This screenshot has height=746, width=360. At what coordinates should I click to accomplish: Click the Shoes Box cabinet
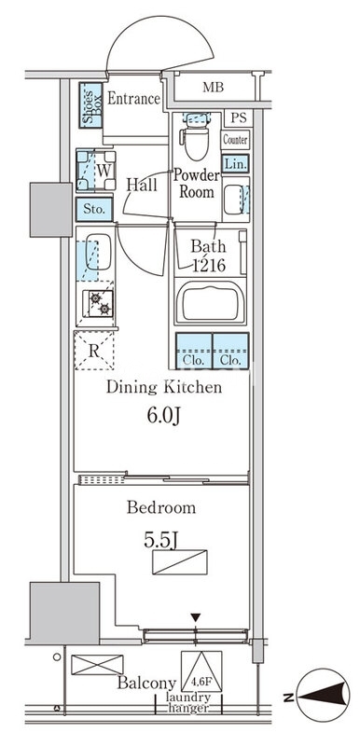point(90,105)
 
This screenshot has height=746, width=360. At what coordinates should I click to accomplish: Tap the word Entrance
point(133,99)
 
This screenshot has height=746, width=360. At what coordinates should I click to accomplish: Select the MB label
point(213,87)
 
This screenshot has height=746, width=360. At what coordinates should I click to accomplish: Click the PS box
point(238,118)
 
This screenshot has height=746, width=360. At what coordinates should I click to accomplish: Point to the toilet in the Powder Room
point(196,136)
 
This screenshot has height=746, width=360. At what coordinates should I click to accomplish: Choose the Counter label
point(235,141)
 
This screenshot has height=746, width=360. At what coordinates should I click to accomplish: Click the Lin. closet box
point(235,164)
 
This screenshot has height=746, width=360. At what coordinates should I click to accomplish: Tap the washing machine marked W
point(96,171)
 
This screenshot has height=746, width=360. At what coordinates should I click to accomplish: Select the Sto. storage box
point(94,209)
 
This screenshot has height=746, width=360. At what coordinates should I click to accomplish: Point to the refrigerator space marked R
point(94,351)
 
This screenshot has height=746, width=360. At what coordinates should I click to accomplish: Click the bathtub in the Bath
point(210,302)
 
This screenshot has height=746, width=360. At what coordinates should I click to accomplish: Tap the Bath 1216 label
point(208,256)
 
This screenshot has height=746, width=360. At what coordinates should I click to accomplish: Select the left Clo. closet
point(194,351)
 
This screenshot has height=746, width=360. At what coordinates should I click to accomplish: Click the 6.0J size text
point(164,416)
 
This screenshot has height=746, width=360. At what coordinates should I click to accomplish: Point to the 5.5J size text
point(160,540)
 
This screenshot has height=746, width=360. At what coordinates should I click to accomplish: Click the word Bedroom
point(161,507)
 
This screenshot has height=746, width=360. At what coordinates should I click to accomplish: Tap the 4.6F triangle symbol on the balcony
point(201,670)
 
